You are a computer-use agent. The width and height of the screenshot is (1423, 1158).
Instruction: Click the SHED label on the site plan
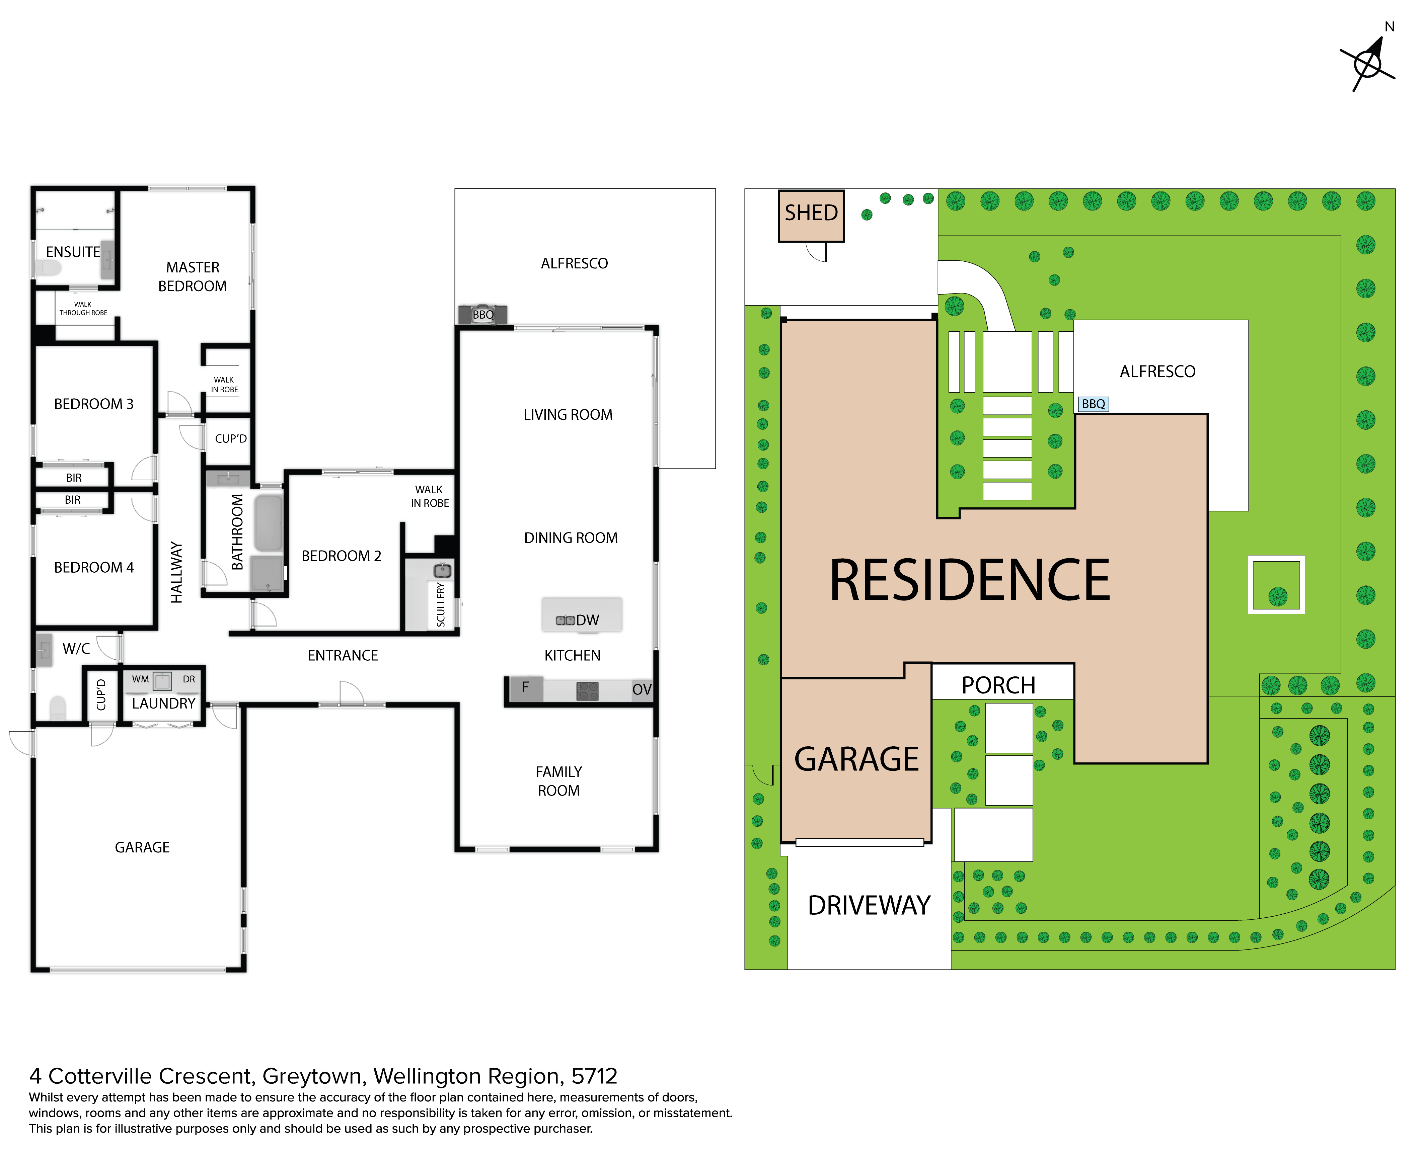pyautogui.click(x=811, y=213)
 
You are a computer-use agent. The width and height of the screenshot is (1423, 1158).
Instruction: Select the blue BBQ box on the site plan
pyautogui.click(x=1093, y=404)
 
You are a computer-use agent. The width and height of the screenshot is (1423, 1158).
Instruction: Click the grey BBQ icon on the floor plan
pyautogui.click(x=482, y=314)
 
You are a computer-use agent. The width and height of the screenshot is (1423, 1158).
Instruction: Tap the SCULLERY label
pyautogui.click(x=441, y=604)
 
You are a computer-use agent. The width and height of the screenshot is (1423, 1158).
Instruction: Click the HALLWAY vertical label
pyautogui.click(x=176, y=572)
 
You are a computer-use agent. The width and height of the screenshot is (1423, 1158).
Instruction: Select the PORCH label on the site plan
pyautogui.click(x=998, y=685)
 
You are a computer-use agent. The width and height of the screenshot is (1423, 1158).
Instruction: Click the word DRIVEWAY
pyautogui.click(x=869, y=905)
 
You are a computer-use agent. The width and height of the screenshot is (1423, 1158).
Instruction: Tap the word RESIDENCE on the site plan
pyautogui.click(x=969, y=580)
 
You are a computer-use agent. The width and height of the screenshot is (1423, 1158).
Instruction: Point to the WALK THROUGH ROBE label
pyautogui.click(x=83, y=308)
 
